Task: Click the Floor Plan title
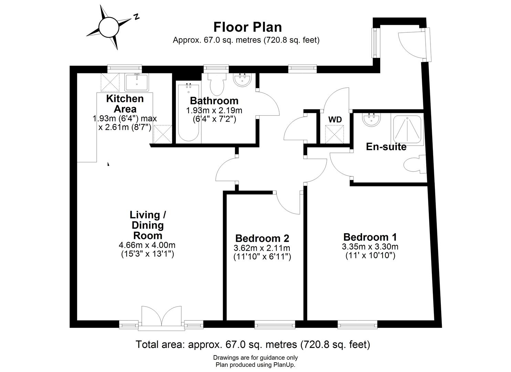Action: point(247,27)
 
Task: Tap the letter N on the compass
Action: point(136,16)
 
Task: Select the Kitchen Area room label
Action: point(125,104)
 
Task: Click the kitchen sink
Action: point(137,82)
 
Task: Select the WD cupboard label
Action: point(335,120)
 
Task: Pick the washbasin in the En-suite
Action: point(371,121)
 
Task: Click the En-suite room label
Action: point(386,147)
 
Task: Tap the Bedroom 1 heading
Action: point(370,237)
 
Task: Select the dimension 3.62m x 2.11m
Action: point(262,248)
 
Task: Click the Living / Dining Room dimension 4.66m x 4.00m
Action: point(147,245)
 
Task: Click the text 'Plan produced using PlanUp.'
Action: point(255,365)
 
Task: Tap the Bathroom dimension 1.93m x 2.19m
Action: point(214,111)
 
